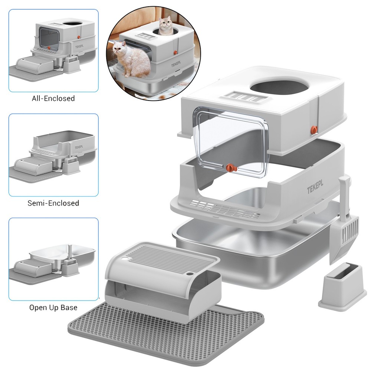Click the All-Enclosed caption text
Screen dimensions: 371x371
(x=53, y=99)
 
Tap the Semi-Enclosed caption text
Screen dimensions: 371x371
(x=53, y=203)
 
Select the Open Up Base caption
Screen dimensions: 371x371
(x=53, y=308)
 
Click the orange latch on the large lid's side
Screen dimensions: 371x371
(x=314, y=129)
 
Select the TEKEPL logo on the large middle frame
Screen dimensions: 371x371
(x=315, y=190)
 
